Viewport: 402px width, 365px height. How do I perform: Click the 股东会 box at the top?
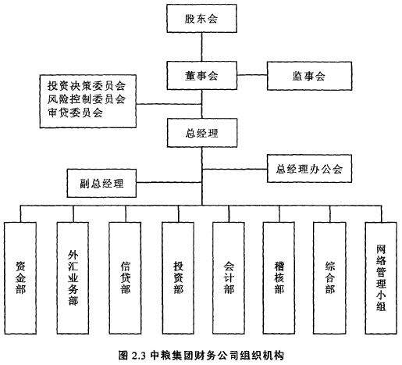[x=201, y=18]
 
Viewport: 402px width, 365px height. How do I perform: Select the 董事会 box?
[x=202, y=76]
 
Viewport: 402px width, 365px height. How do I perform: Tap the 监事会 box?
[x=309, y=76]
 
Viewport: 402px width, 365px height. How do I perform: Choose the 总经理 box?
[x=202, y=133]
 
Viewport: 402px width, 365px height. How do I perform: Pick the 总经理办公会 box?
[x=309, y=168]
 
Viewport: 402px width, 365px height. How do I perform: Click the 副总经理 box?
[x=101, y=183]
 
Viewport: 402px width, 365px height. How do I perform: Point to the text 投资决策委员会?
[x=87, y=85]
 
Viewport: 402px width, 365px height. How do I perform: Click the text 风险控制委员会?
[x=87, y=99]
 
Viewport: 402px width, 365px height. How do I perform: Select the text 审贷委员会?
[x=75, y=113]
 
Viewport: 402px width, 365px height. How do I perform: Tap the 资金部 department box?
[x=20, y=278]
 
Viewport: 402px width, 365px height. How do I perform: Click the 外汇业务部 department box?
[x=73, y=278]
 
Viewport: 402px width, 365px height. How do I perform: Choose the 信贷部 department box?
[x=126, y=278]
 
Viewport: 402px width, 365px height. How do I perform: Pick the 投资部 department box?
[x=178, y=278]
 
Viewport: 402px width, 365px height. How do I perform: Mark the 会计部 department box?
[x=229, y=278]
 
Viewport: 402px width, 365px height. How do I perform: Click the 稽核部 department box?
[x=279, y=278]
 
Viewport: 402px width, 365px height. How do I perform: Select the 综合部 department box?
[x=329, y=278]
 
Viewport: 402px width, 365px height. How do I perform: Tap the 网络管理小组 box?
[x=381, y=278]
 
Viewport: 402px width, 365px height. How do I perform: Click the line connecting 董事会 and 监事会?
[x=252, y=75]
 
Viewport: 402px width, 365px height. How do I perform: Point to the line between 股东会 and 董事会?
[x=202, y=47]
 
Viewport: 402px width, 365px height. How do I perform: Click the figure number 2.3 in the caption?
[x=138, y=356]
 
